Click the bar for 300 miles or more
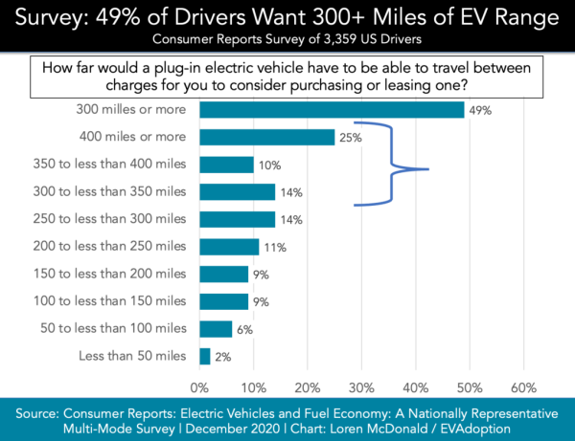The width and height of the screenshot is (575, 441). pos(332,110)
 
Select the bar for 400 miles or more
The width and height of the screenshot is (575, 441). pos(267,138)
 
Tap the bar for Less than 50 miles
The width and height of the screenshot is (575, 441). pos(205,357)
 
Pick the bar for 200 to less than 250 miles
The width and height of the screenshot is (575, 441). pos(230,247)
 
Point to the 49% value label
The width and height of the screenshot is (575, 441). pos(479,110)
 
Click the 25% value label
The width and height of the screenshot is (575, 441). pos(350,138)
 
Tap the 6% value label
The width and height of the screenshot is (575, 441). pos(245,329)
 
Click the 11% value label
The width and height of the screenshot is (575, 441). pos(273,247)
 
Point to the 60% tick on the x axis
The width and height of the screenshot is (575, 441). pos(523,387)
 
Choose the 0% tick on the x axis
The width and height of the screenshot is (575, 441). pos(199,387)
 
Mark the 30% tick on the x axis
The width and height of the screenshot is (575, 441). pos(361,387)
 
